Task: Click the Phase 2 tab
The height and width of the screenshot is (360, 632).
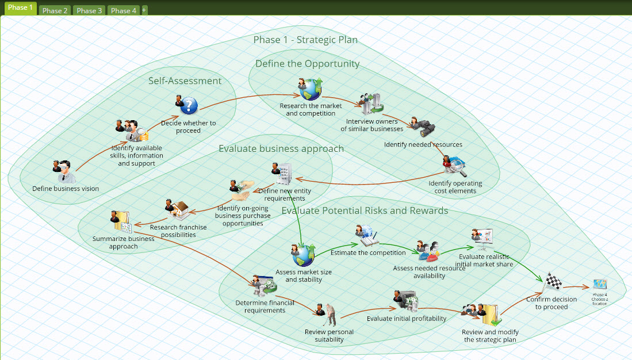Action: coord(55,10)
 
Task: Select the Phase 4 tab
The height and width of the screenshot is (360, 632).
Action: coord(124,10)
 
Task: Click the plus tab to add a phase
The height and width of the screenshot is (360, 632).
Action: coord(144,10)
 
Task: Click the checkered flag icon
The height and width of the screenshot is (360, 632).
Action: coord(553,282)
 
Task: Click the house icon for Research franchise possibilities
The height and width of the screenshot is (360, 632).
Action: coord(180,210)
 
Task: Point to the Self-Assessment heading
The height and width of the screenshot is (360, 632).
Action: coord(185,81)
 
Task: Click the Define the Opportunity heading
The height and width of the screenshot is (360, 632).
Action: coord(308,64)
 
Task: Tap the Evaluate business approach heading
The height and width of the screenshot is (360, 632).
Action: coord(281,149)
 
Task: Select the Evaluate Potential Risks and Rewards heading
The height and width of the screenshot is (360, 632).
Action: coord(365,210)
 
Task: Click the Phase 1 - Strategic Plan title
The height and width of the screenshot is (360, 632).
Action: coord(305,40)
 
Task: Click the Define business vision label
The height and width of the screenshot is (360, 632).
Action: coord(66,189)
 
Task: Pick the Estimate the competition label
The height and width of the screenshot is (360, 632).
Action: coord(376,252)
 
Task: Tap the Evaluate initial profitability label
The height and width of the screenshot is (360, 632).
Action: coord(407,319)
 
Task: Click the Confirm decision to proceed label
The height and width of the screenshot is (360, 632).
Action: coord(551,303)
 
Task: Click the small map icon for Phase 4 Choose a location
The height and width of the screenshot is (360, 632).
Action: coord(600,285)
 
